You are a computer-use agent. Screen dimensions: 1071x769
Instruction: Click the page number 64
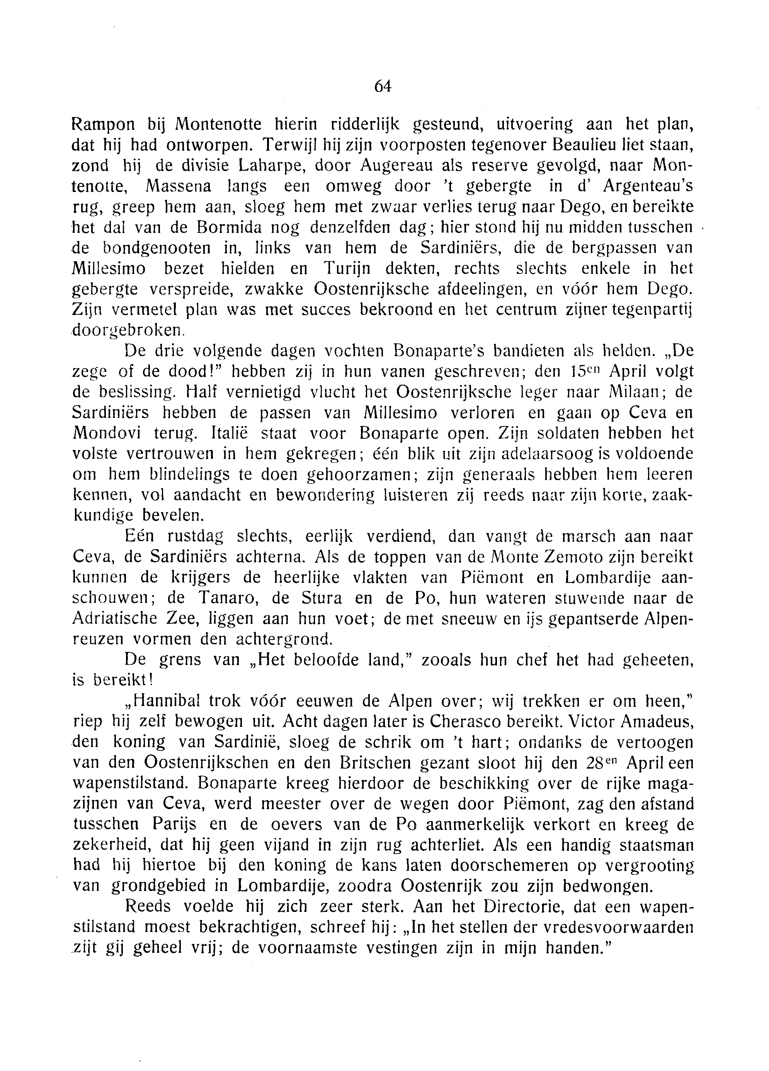(x=383, y=87)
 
